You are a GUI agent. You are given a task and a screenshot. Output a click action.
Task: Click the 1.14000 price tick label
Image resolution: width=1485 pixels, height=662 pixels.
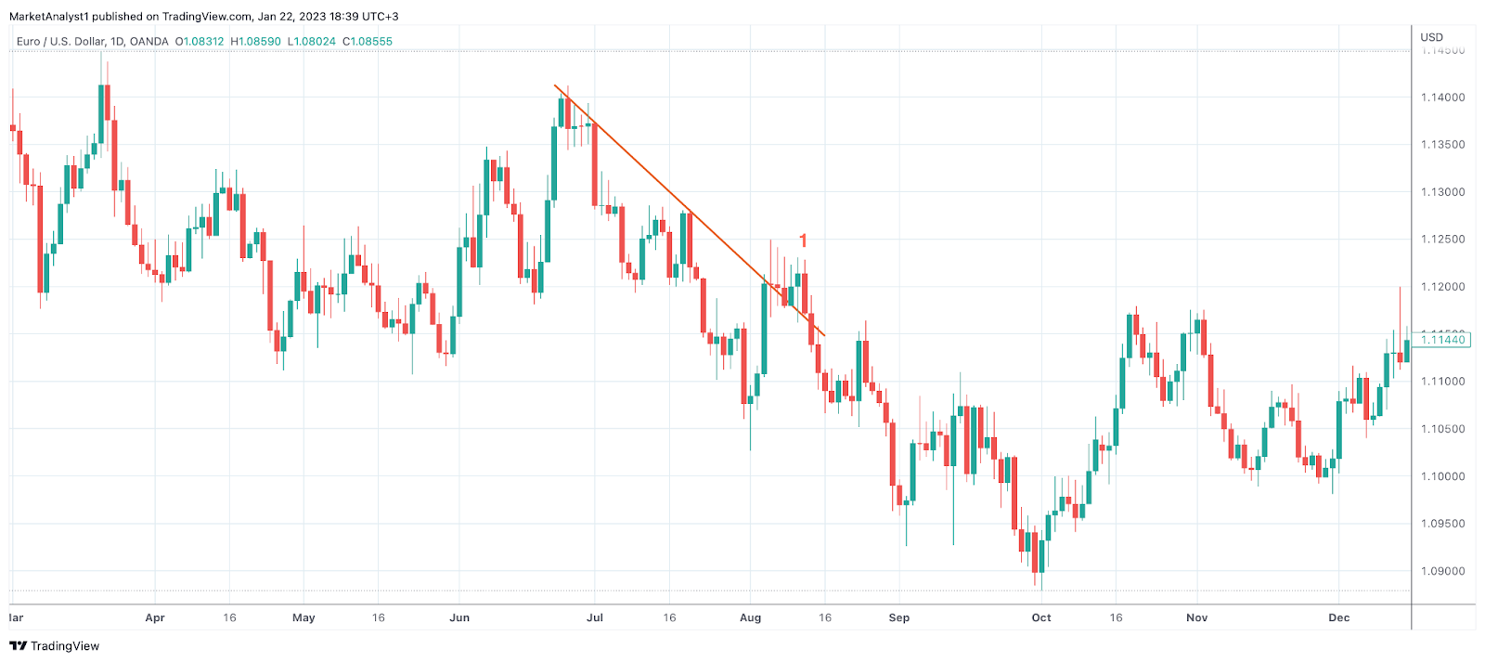click(x=1443, y=97)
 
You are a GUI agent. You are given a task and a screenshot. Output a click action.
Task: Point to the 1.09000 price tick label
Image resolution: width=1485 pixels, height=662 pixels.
click(x=1443, y=572)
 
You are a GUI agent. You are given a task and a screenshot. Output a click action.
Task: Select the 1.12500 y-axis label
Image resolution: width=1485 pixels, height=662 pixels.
click(x=1443, y=240)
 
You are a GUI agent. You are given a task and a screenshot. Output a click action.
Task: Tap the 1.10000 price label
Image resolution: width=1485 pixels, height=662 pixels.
click(x=1443, y=476)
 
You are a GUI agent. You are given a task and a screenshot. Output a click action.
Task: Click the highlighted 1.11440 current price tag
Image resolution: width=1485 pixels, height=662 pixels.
click(x=1444, y=340)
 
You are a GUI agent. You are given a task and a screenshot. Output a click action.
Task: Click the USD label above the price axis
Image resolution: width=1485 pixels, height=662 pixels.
click(x=1432, y=37)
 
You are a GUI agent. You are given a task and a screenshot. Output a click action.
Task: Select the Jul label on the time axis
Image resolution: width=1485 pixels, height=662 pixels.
click(x=595, y=617)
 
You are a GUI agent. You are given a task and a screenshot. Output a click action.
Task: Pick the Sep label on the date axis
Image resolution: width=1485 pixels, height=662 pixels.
click(x=898, y=617)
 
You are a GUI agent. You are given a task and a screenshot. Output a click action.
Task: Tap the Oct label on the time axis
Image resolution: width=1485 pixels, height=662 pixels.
click(x=1041, y=617)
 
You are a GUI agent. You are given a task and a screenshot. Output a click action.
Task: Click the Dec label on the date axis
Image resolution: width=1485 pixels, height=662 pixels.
click(x=1338, y=617)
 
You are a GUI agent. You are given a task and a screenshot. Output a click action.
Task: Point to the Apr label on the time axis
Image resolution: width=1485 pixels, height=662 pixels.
click(x=155, y=617)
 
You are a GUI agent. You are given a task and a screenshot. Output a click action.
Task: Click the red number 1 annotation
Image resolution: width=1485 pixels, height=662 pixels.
click(x=803, y=240)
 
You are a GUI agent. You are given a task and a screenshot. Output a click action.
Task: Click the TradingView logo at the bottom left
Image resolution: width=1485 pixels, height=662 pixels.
click(x=55, y=646)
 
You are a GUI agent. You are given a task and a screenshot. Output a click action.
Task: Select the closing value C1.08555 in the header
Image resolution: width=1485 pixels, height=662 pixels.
click(x=368, y=42)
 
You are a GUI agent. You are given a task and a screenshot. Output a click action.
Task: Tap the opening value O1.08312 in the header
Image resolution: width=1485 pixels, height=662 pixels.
click(x=200, y=42)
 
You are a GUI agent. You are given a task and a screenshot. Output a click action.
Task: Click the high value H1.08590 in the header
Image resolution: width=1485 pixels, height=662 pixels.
click(x=255, y=42)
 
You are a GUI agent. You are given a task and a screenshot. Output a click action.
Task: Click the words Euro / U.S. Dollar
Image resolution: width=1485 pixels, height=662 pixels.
click(x=60, y=42)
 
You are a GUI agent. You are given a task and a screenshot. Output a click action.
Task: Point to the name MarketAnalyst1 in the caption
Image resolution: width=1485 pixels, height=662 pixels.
click(x=48, y=17)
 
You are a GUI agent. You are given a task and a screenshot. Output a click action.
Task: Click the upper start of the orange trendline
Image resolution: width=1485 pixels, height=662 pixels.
click(x=555, y=85)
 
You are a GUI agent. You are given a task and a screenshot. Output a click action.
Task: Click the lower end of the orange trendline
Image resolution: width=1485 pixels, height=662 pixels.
click(x=824, y=335)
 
